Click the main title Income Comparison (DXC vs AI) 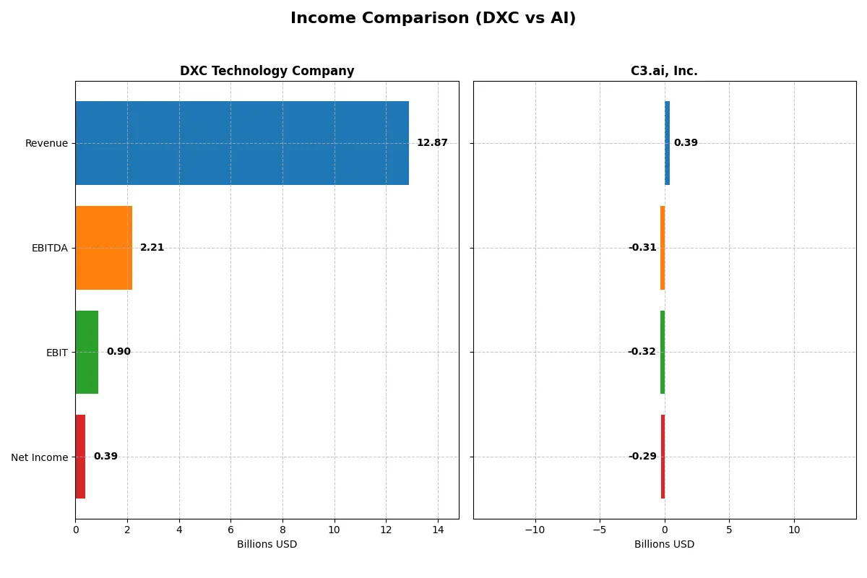[x=433, y=19]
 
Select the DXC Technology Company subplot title [x=267, y=72]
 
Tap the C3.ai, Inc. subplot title [x=664, y=72]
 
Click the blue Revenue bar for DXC [x=242, y=143]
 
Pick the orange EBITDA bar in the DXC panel [x=103, y=248]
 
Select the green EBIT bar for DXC [x=87, y=352]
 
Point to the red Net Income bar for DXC [x=80, y=457]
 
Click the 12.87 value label [x=432, y=143]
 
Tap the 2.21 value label [x=152, y=248]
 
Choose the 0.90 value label [x=118, y=352]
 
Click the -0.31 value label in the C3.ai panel [x=642, y=248]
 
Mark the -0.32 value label [x=642, y=352]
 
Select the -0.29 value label [x=642, y=457]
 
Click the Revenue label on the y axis [x=46, y=143]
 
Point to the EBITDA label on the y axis [x=49, y=248]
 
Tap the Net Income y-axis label [x=40, y=457]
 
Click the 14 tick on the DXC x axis [x=437, y=530]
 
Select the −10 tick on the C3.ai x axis [x=535, y=530]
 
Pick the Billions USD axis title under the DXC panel [x=267, y=545]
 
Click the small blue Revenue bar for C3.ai [x=667, y=143]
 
